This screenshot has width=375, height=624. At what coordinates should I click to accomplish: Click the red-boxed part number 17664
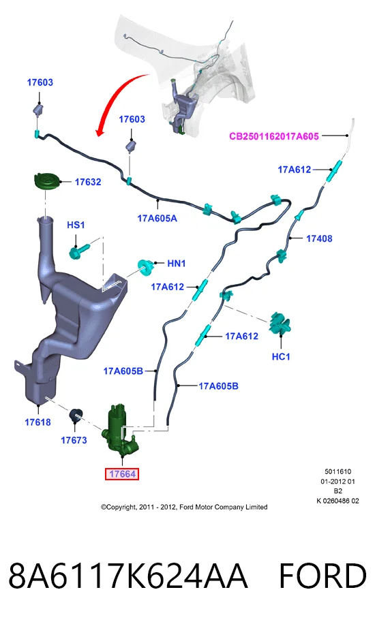click(122, 474)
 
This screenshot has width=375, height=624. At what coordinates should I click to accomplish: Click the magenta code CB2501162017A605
click(274, 136)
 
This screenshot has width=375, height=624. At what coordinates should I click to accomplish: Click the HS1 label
click(76, 225)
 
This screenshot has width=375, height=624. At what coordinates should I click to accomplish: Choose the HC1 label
click(281, 356)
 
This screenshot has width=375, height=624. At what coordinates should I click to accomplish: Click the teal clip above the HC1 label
click(280, 324)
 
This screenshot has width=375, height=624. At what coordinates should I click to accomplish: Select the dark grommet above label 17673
click(75, 415)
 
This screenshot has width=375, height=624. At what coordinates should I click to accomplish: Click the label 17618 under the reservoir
click(38, 422)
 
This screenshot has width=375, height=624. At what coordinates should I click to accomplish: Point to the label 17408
click(319, 238)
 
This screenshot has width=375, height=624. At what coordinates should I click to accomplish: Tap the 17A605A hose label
click(157, 218)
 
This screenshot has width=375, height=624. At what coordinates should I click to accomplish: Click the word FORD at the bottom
click(322, 576)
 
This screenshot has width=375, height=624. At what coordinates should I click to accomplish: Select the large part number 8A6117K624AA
click(128, 576)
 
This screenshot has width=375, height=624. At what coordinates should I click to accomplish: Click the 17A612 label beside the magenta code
click(294, 170)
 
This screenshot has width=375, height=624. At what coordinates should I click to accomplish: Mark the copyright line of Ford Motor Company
click(184, 507)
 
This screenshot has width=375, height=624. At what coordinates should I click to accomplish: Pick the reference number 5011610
click(338, 471)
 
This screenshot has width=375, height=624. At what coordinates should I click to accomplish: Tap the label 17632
click(88, 182)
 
